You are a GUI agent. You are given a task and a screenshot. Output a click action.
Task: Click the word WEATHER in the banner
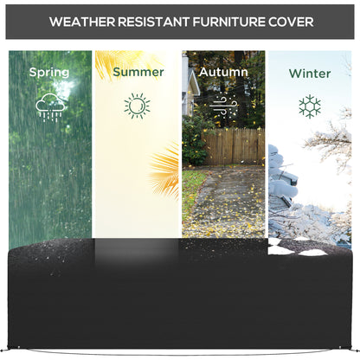tap(81, 19)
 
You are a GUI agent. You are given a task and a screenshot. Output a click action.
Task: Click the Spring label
tap(49, 73)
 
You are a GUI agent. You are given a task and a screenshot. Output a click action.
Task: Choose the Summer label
tap(138, 73)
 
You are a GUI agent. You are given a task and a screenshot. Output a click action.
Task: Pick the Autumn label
tap(223, 73)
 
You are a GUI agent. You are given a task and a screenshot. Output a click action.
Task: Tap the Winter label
tap(309, 74)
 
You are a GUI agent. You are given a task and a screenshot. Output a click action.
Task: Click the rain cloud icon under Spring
tap(49, 106)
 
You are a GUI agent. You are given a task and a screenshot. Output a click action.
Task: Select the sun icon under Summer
tap(137, 106)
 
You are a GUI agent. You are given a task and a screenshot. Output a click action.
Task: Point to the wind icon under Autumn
tap(222, 106)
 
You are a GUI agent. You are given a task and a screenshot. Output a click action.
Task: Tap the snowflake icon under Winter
tap(309, 106)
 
